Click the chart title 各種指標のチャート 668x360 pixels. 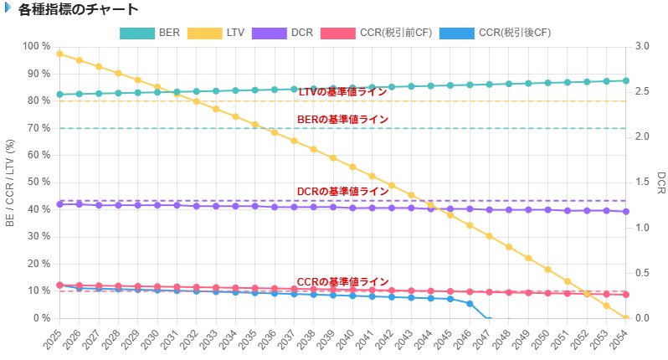pos(78,10)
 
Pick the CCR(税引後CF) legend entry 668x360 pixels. pos(502,33)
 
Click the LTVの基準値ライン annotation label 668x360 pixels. pos(342,91)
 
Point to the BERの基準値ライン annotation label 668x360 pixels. pos(342,120)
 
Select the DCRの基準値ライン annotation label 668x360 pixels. pos(342,192)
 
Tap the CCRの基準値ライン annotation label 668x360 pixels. pos(342,281)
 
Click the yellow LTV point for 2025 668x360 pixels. pos(59,54)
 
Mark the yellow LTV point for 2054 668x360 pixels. pos(625,318)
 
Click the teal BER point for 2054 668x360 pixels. pos(625,80)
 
